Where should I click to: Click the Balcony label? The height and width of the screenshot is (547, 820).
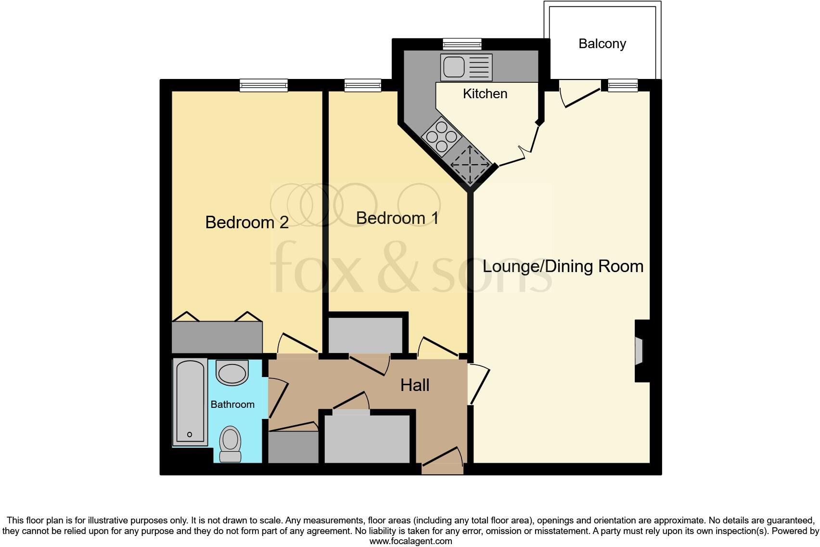[x=602, y=44]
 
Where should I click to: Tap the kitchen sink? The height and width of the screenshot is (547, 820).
[x=453, y=67]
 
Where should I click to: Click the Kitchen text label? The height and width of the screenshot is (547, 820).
[x=485, y=93]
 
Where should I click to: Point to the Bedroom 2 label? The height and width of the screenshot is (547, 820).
[x=247, y=222]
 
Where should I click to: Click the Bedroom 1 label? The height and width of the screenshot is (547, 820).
[x=397, y=218]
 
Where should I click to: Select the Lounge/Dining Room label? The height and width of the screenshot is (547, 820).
[x=563, y=266]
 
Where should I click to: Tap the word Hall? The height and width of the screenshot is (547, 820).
[x=415, y=385]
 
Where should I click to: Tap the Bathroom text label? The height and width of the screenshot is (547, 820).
[x=232, y=404]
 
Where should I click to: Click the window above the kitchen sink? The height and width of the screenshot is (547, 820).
[x=462, y=45]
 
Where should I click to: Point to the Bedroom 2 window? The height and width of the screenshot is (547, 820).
[x=264, y=86]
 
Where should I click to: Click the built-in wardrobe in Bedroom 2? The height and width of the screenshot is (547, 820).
[x=217, y=337]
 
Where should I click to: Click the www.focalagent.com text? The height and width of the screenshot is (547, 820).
[x=410, y=541]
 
